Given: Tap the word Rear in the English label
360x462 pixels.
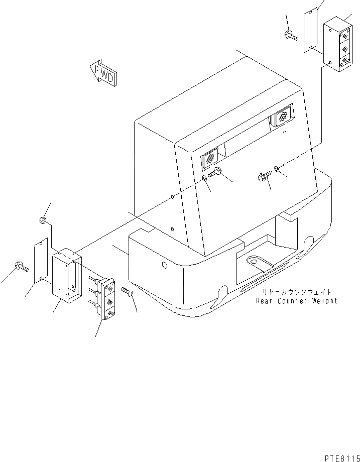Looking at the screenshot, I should pyautogui.click(x=265, y=301).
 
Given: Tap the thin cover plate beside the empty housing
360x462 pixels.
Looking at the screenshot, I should pyautogui.click(x=41, y=260).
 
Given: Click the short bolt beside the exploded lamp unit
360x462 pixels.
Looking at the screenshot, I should pyautogui.click(x=126, y=291).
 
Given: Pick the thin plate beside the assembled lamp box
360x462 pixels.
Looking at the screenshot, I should pyautogui.click(x=310, y=30).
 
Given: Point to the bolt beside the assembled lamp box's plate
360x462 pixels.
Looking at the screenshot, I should pyautogui.click(x=290, y=36).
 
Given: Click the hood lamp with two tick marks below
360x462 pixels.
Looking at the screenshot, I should pyautogui.click(x=282, y=119).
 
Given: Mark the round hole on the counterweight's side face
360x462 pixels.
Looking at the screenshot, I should pyautogui.click(x=164, y=266).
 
